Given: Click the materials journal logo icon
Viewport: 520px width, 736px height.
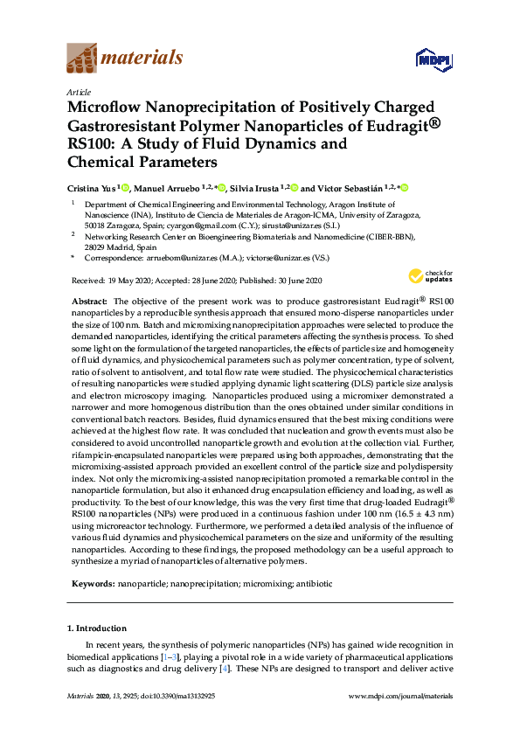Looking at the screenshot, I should tap(82, 59).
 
